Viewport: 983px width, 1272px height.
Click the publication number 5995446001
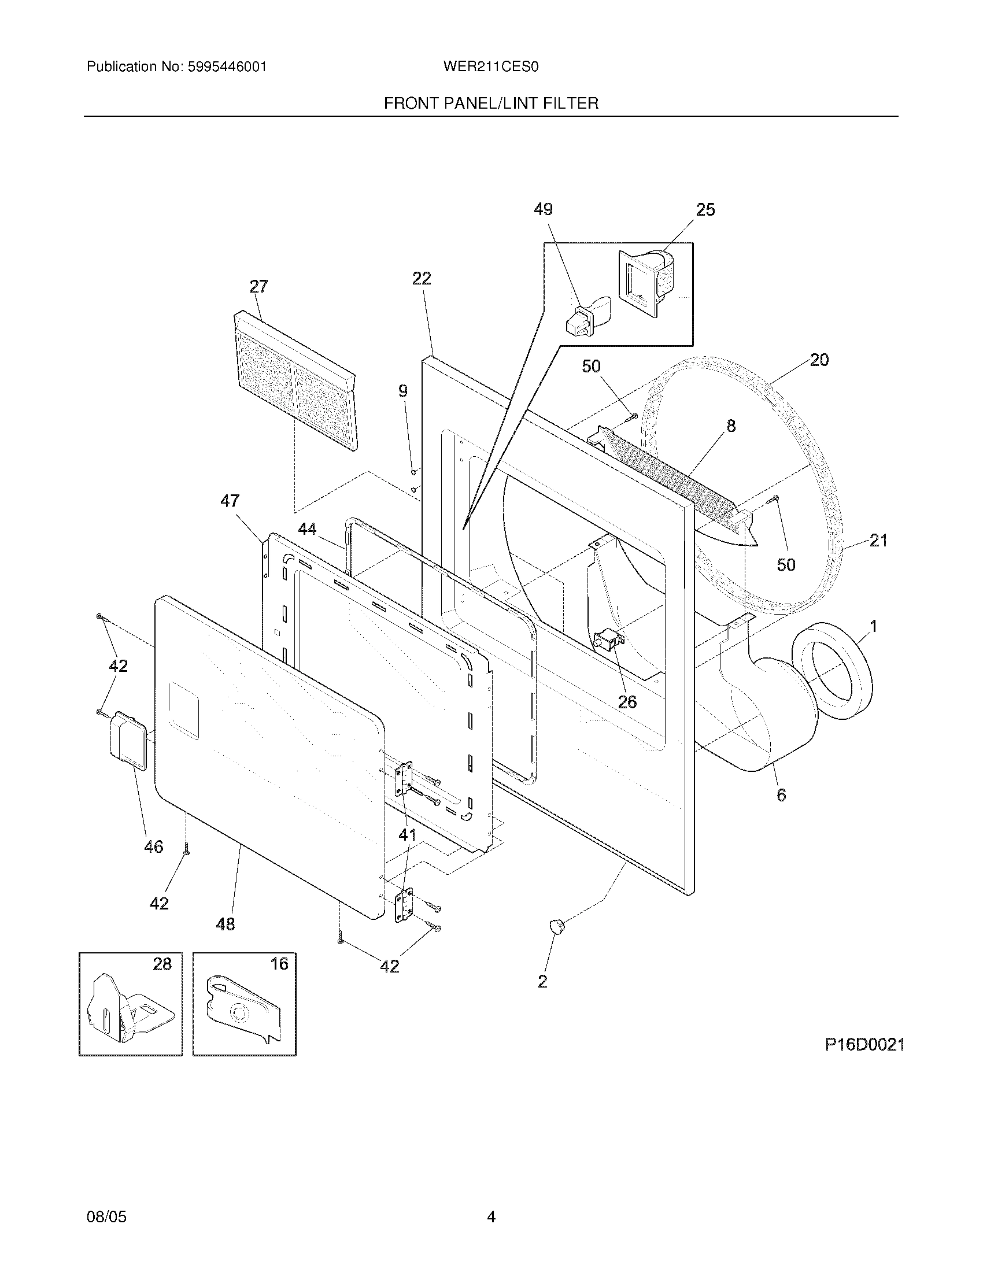(227, 67)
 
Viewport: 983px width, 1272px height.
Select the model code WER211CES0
(490, 67)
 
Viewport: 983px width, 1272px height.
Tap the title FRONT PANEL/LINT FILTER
(491, 103)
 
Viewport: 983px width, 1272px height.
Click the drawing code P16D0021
(864, 1045)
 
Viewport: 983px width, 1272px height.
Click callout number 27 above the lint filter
(258, 287)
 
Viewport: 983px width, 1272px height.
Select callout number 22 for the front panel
(422, 279)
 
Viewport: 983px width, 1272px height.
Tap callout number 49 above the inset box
(543, 210)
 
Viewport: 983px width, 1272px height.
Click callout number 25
(705, 210)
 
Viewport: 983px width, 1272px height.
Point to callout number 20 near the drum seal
(819, 360)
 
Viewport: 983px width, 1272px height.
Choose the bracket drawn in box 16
(245, 1011)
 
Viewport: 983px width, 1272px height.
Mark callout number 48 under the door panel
(226, 924)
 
